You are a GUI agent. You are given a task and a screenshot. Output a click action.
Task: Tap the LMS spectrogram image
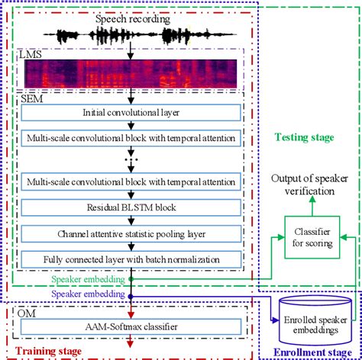(131, 73)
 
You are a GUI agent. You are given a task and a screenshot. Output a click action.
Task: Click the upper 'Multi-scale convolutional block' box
(131, 138)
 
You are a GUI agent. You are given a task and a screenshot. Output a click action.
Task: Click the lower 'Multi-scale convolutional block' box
(131, 183)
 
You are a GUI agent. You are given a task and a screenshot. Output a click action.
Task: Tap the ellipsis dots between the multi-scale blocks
(131, 161)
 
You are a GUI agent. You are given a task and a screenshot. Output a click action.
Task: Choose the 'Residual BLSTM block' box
(131, 207)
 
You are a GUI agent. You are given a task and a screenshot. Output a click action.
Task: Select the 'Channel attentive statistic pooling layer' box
(131, 233)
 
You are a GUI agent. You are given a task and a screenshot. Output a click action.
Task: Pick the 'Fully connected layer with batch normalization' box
(131, 258)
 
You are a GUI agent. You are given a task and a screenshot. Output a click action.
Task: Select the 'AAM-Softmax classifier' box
(131, 327)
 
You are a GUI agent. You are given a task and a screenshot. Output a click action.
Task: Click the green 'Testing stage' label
(303, 137)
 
